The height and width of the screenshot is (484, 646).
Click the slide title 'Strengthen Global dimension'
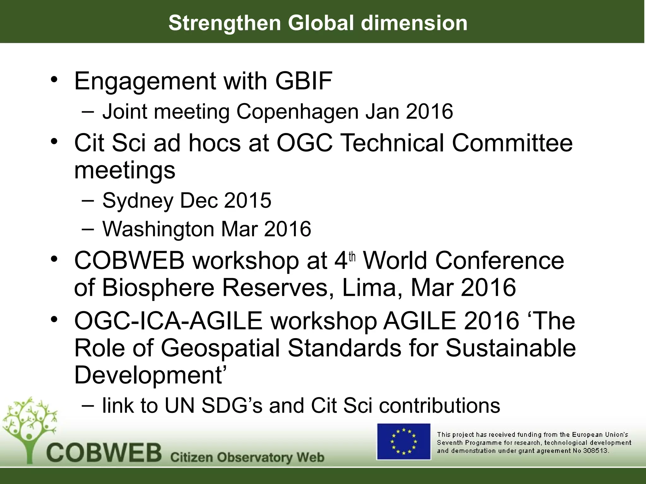click(x=318, y=23)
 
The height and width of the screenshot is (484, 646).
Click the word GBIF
click(x=303, y=81)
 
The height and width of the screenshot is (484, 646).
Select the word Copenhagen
click(x=297, y=112)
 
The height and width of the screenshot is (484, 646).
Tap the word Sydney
click(x=138, y=201)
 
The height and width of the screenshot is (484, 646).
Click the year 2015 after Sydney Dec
click(x=247, y=200)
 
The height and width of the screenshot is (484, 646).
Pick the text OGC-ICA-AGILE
click(x=168, y=321)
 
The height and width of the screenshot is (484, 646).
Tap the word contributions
click(x=439, y=406)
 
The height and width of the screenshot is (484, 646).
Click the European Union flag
click(x=404, y=441)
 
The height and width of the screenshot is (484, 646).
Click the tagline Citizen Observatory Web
click(x=247, y=457)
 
